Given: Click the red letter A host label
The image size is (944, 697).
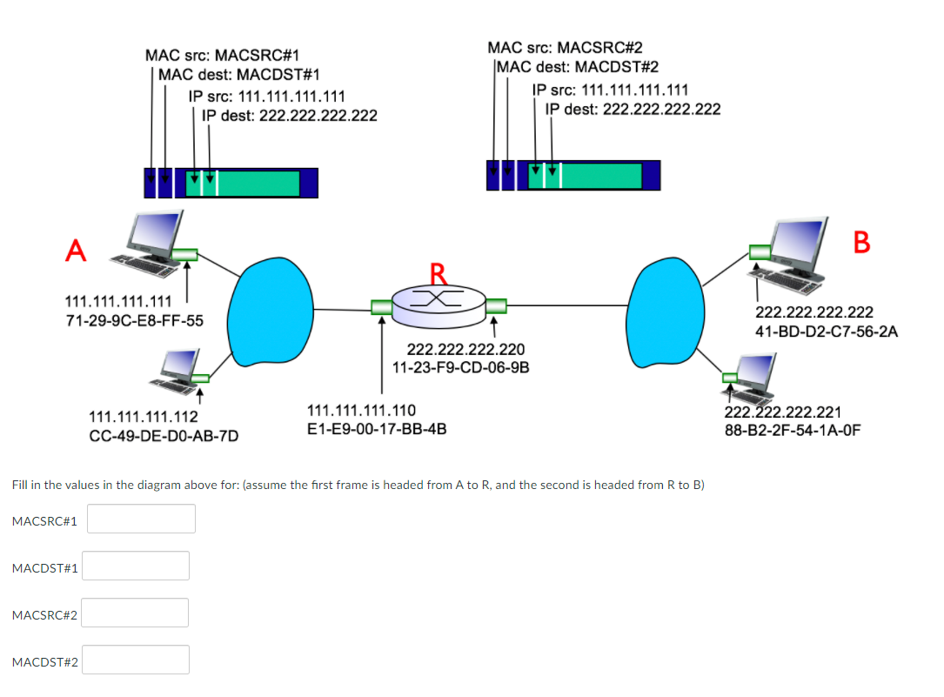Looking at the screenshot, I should coord(77,251).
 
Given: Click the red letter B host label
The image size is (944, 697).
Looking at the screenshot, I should coord(861,242).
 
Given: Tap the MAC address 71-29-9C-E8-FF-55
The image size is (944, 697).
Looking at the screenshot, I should coord(135,320).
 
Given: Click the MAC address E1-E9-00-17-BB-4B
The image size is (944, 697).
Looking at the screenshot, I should coord(378,428).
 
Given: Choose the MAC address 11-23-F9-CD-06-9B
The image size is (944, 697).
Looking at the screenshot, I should coord(461,367).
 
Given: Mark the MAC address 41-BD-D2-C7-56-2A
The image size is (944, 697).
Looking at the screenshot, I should coord(827,332).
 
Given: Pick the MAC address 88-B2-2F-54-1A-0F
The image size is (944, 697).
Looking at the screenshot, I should coord(793,429).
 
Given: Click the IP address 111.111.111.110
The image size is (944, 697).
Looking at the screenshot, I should coord(362,410).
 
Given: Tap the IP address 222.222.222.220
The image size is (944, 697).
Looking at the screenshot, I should coord(465,350).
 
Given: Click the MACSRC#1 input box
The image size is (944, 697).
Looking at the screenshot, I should coord(141,519).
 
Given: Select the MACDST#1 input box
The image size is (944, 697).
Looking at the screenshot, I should coord(136,566).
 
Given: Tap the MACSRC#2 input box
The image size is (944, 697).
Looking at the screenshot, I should coord(136,613).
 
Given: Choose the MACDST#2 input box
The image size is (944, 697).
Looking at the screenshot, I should coord(136,660).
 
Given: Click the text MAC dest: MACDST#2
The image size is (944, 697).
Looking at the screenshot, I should coord(576,67).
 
